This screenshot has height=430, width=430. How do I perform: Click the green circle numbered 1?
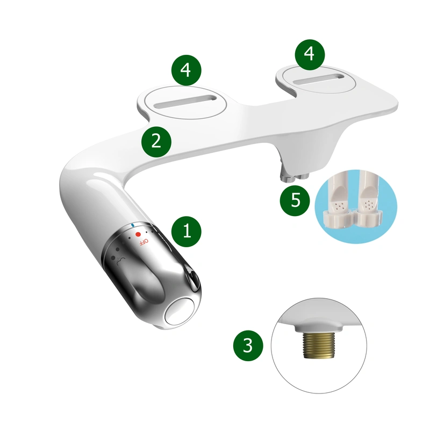click(187, 232)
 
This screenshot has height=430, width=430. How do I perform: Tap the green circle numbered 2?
click(156, 141)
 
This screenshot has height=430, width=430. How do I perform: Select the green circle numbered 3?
click(248, 345)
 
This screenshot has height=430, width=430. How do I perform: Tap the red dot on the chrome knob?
click(138, 234)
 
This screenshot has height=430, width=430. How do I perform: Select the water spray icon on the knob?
click(116, 259)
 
